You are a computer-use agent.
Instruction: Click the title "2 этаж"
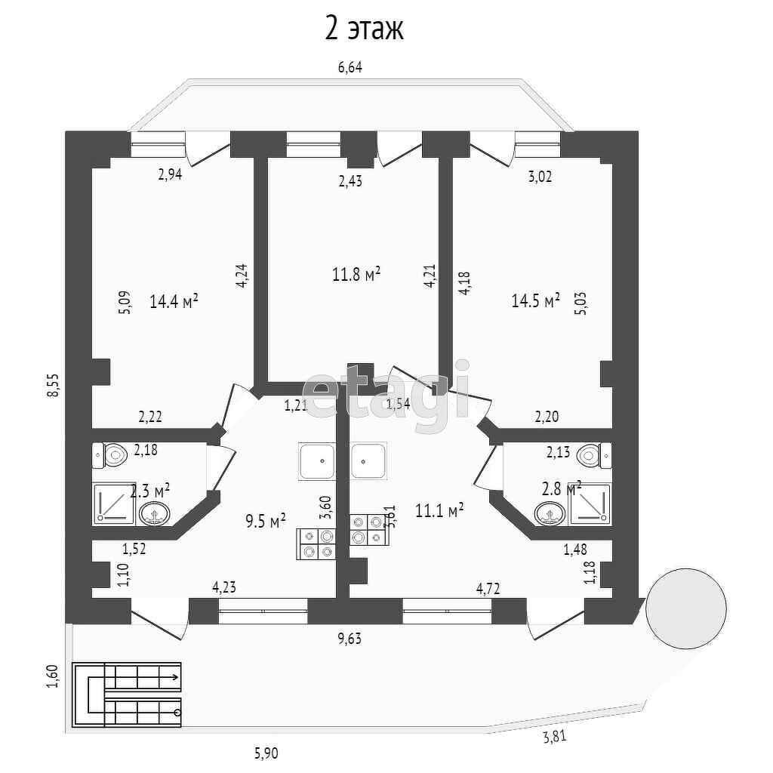365,29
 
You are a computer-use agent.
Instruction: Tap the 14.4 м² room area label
174,302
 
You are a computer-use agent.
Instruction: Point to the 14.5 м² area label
535,300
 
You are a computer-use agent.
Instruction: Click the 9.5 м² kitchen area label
266,520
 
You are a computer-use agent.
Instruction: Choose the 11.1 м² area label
439,511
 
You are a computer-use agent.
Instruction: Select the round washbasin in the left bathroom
155,515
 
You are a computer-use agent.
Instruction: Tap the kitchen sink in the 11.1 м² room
368,460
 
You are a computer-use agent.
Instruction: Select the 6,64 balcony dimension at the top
350,68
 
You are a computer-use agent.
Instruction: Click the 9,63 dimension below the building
350,639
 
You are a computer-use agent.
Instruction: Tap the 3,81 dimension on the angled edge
555,738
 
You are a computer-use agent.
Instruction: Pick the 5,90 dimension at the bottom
266,752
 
